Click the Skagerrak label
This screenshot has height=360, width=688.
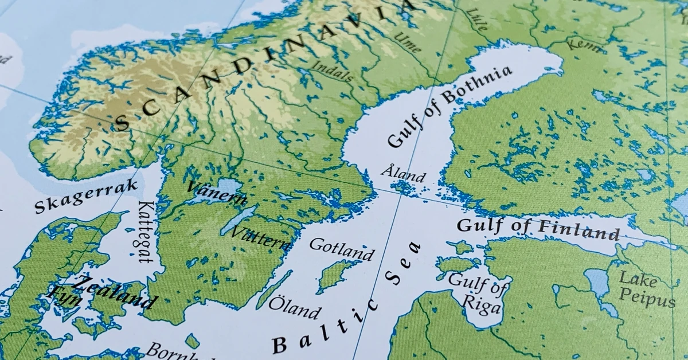[87, 196]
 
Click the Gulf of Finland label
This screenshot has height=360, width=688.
[538, 229]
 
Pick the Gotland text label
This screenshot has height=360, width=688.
[342, 249]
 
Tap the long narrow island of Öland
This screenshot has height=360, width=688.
[274, 289]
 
